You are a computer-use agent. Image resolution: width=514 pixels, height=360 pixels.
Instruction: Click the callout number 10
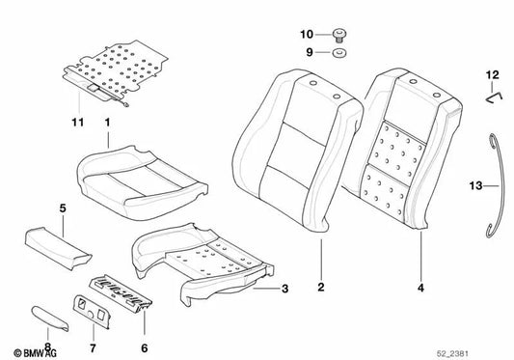(307, 34)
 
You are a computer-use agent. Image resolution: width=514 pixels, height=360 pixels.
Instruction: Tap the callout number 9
(310, 52)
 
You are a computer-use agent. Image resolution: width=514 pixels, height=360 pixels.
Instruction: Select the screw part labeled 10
(339, 35)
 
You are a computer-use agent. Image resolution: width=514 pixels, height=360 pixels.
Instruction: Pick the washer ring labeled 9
(339, 52)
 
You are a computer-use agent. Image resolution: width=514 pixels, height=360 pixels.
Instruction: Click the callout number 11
(78, 123)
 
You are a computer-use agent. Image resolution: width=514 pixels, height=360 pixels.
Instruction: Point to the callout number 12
(493, 75)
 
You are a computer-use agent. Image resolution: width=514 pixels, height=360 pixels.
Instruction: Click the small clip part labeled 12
(494, 98)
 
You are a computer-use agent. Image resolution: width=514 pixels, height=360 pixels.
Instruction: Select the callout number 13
(476, 186)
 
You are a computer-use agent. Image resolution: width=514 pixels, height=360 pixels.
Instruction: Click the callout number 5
(63, 208)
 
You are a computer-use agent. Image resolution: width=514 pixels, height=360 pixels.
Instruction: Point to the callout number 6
(145, 347)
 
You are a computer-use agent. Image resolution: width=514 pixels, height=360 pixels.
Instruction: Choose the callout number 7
(93, 347)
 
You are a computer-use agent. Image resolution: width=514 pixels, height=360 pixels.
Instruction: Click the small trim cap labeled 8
(50, 318)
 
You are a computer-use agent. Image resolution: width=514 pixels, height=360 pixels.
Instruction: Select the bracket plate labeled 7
(91, 311)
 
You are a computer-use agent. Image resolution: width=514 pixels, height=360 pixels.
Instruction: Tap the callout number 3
(284, 289)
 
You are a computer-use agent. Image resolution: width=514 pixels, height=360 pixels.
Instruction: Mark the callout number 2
(321, 287)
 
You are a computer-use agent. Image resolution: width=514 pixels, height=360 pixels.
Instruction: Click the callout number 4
(420, 288)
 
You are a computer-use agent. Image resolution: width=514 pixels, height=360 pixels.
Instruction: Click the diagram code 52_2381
(452, 353)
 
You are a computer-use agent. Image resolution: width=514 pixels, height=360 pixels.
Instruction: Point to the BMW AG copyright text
(35, 353)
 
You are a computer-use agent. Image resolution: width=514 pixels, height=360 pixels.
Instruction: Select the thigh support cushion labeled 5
(58, 248)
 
